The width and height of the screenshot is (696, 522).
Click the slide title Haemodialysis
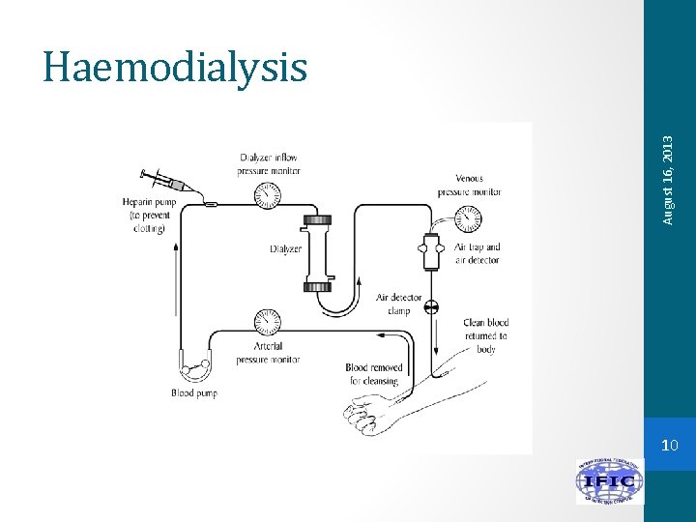pos(175,68)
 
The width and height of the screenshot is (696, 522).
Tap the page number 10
pos(670,446)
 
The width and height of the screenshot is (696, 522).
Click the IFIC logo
pos(609,481)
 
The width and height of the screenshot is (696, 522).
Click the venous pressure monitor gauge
pos(466,220)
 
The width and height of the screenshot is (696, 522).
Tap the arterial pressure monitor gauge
pos(267,322)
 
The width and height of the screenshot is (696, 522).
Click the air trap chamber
pos(432,253)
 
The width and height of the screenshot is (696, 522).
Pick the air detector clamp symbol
pos(432,307)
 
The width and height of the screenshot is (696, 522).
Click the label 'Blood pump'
pos(194,393)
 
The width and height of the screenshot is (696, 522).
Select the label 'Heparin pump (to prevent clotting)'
pos(144,215)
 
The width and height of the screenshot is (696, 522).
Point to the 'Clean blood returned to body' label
pos(486,335)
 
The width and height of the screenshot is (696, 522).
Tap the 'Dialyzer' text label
pos(285,249)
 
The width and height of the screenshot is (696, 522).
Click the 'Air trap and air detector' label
pos(478,253)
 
